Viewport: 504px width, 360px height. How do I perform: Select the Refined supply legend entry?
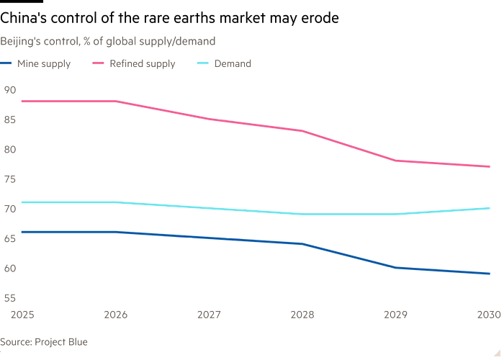pos(141,64)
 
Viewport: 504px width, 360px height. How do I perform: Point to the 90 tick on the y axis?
pos(9,89)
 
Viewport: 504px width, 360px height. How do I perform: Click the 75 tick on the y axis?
pos(9,179)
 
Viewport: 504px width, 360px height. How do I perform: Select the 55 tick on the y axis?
pos(9,297)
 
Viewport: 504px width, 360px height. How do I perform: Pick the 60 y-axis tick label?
pos(9,268)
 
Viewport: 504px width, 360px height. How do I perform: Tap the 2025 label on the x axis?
pos(13,314)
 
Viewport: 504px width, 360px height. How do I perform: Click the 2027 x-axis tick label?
pos(208,314)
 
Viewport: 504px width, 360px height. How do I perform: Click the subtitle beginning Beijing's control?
pos(108,41)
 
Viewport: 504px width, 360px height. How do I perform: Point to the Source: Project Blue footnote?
pos(44,342)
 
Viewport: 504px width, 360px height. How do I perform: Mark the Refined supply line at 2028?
pos(302,130)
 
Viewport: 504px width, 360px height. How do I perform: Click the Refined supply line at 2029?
pos(396,161)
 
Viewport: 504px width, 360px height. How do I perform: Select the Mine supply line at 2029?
pos(396,268)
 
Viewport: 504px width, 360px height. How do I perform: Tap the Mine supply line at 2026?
pos(115,232)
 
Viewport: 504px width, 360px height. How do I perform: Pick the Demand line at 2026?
pos(115,202)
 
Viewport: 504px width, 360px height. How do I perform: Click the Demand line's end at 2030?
pos(490,208)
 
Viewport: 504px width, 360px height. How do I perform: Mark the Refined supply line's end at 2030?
pos(490,166)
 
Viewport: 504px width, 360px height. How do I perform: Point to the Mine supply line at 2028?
pos(302,244)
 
